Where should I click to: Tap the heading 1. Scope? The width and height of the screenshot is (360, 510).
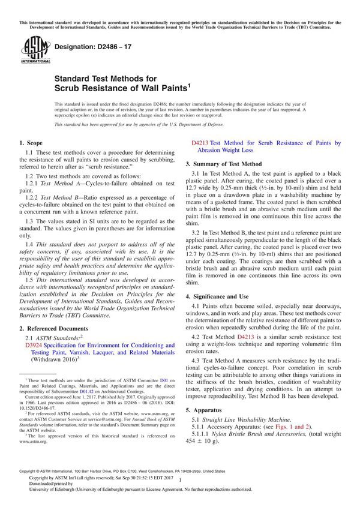click(x=31, y=143)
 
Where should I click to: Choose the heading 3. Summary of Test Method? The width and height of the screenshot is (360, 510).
click(x=223, y=164)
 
